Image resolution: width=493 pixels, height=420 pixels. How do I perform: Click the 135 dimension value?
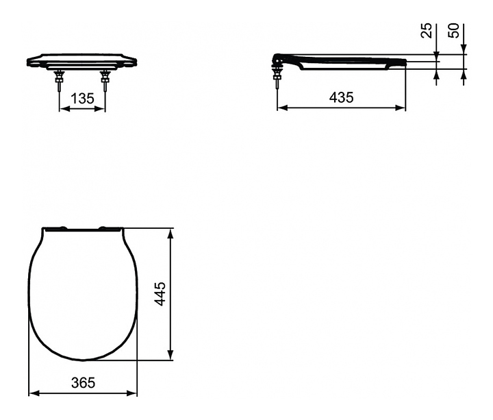point(82,99)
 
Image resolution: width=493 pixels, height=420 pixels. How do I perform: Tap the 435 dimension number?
point(342,97)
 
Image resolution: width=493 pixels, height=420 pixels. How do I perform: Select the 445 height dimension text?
point(160,294)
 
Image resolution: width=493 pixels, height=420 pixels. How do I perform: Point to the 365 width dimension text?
point(83,382)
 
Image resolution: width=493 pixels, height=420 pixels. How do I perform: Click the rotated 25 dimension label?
point(427,31)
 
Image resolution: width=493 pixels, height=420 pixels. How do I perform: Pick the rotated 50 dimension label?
point(453,31)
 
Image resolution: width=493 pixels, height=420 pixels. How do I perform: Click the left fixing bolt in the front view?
point(59,81)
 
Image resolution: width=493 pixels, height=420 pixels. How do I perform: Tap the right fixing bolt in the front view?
point(105,81)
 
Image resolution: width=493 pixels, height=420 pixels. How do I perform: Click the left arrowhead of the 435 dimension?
point(282,108)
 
